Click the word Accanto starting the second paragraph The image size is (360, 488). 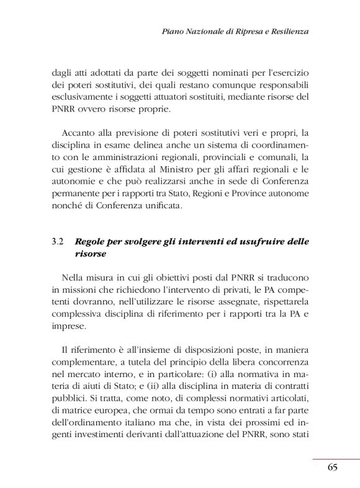point(78,133)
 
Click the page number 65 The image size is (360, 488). point(332,467)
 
